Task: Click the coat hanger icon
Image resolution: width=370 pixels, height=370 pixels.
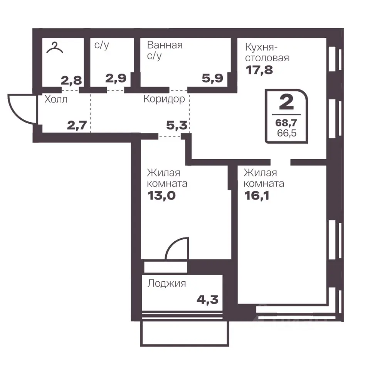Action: click(55, 48)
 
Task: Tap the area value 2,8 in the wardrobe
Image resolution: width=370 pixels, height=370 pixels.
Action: click(71, 81)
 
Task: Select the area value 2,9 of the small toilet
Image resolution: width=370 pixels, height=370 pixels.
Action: click(116, 78)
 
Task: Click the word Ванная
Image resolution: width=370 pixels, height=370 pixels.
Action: click(165, 45)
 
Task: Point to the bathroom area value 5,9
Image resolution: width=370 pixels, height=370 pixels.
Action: click(212, 78)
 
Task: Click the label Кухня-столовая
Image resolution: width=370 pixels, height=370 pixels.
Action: click(267, 52)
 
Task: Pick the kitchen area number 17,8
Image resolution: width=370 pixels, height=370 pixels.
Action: click(259, 70)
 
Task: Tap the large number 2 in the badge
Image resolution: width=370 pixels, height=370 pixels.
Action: click(286, 102)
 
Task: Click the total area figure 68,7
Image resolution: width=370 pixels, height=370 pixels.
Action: click(286, 123)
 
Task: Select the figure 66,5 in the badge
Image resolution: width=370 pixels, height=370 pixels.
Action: click(287, 133)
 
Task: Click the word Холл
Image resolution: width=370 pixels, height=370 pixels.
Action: click(56, 99)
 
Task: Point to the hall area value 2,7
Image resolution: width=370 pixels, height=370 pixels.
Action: click(77, 125)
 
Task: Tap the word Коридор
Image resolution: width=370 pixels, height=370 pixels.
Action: click(164, 99)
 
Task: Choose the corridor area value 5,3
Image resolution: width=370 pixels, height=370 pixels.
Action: click(177, 125)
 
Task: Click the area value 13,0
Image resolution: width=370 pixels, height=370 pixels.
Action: click(161, 196)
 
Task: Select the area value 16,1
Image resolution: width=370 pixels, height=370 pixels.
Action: click(257, 196)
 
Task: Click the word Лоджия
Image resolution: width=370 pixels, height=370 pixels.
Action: click(166, 283)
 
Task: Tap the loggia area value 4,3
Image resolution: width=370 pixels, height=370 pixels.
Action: click(207, 300)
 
